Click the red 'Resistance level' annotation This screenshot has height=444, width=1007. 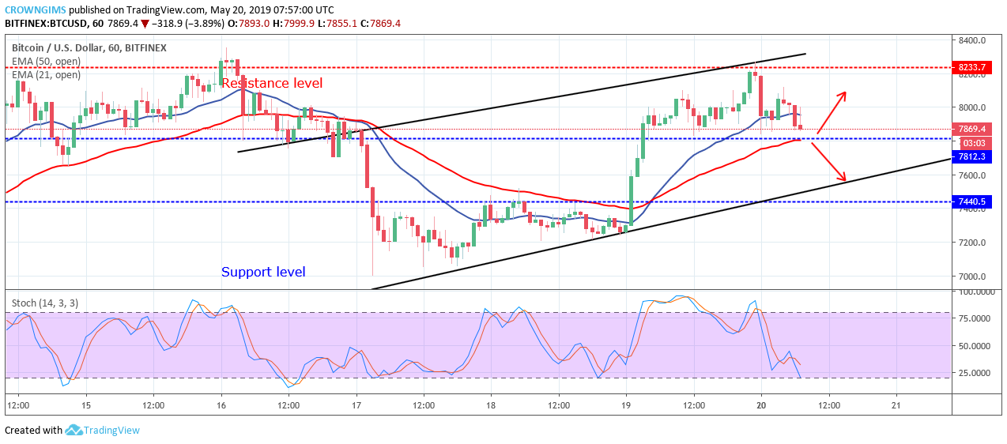[271, 83]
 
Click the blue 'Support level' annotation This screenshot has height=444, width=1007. [263, 273]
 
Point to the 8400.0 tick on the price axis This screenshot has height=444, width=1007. [971, 40]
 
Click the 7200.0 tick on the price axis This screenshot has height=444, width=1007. [971, 243]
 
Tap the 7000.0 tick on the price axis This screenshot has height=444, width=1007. [971, 277]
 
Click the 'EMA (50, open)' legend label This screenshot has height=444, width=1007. [46, 62]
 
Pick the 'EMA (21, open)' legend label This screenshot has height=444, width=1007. [46, 75]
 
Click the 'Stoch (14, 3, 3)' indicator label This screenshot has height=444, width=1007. [45, 303]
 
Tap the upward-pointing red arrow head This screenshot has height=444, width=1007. [843, 96]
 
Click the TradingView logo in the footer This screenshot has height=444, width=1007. [103, 431]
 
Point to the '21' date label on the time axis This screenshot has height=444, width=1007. [896, 405]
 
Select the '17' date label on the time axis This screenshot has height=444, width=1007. [356, 405]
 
